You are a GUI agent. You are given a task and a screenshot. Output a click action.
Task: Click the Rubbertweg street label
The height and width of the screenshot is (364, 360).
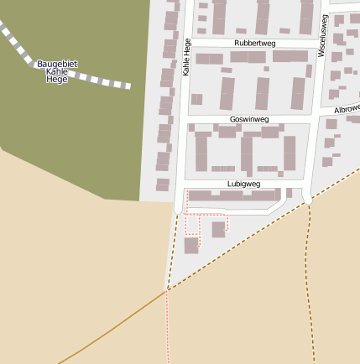[x=254, y=43]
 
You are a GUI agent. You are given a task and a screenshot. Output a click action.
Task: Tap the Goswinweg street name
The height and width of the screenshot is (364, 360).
[x=248, y=120]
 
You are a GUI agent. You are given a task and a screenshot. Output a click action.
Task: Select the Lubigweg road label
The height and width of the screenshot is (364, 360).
[x=243, y=184]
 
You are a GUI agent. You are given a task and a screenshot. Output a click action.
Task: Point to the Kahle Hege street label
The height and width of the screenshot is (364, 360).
[x=186, y=58]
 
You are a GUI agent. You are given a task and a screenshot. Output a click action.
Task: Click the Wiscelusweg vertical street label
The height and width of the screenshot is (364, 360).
[x=323, y=39]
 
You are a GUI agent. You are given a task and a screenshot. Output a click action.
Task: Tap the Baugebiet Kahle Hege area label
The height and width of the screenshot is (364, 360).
[x=57, y=71]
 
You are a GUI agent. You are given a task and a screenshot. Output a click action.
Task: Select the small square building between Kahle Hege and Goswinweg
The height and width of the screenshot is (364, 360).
[x=196, y=99]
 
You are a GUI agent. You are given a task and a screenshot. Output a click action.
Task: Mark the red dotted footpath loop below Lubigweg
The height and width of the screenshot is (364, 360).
[x=192, y=225]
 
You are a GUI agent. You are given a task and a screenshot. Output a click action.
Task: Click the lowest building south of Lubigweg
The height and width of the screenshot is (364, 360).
[x=191, y=245]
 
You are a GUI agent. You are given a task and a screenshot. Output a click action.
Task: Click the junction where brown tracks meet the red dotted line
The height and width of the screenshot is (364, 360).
[x=168, y=289]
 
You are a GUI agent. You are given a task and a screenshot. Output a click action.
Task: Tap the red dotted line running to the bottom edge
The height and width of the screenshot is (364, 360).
[x=168, y=335]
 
